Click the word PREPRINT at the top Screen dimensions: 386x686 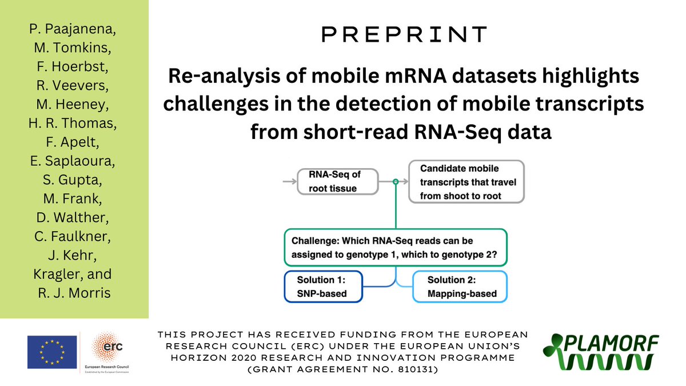pyautogui.click(x=404, y=34)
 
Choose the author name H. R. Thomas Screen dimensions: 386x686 pyautogui.click(x=74, y=125)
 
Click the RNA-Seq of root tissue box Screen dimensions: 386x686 pyautogui.click(x=337, y=181)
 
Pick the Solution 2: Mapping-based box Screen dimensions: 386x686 pyautogui.click(x=460, y=286)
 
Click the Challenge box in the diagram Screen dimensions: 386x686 pyautogui.click(x=395, y=247)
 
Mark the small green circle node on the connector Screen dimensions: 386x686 pyautogui.click(x=395, y=181)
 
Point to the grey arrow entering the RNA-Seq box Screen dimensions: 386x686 pyautogui.click(x=289, y=181)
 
